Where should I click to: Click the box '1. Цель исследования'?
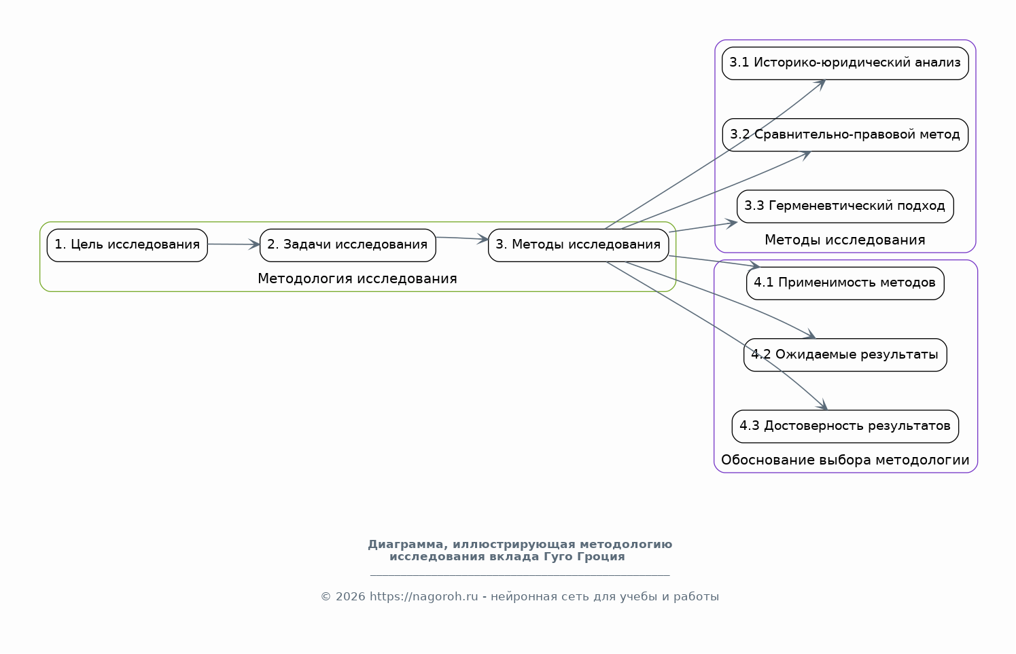pos(127,245)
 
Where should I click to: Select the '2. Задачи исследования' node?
pos(347,245)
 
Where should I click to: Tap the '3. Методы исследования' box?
pos(578,245)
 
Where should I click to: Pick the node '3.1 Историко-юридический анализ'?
pos(845,63)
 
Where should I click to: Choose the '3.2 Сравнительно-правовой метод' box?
pos(845,134)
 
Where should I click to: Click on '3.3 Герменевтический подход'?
pos(845,206)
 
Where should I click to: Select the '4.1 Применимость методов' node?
pos(845,283)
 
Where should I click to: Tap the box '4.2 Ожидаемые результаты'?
pos(845,355)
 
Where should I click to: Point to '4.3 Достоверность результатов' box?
pos(845,426)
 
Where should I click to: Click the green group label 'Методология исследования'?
pos(357,278)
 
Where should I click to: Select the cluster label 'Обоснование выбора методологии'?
pos(845,460)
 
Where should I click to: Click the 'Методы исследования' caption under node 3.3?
pos(845,240)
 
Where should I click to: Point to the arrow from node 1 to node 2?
pos(234,244)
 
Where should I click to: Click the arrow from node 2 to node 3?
pos(461,238)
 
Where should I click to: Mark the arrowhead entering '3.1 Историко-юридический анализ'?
pos(820,84)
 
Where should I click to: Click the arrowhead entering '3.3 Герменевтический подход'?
pos(731,223)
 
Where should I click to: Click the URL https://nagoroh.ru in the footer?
pos(423,597)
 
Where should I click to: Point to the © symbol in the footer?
pos(326,597)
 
